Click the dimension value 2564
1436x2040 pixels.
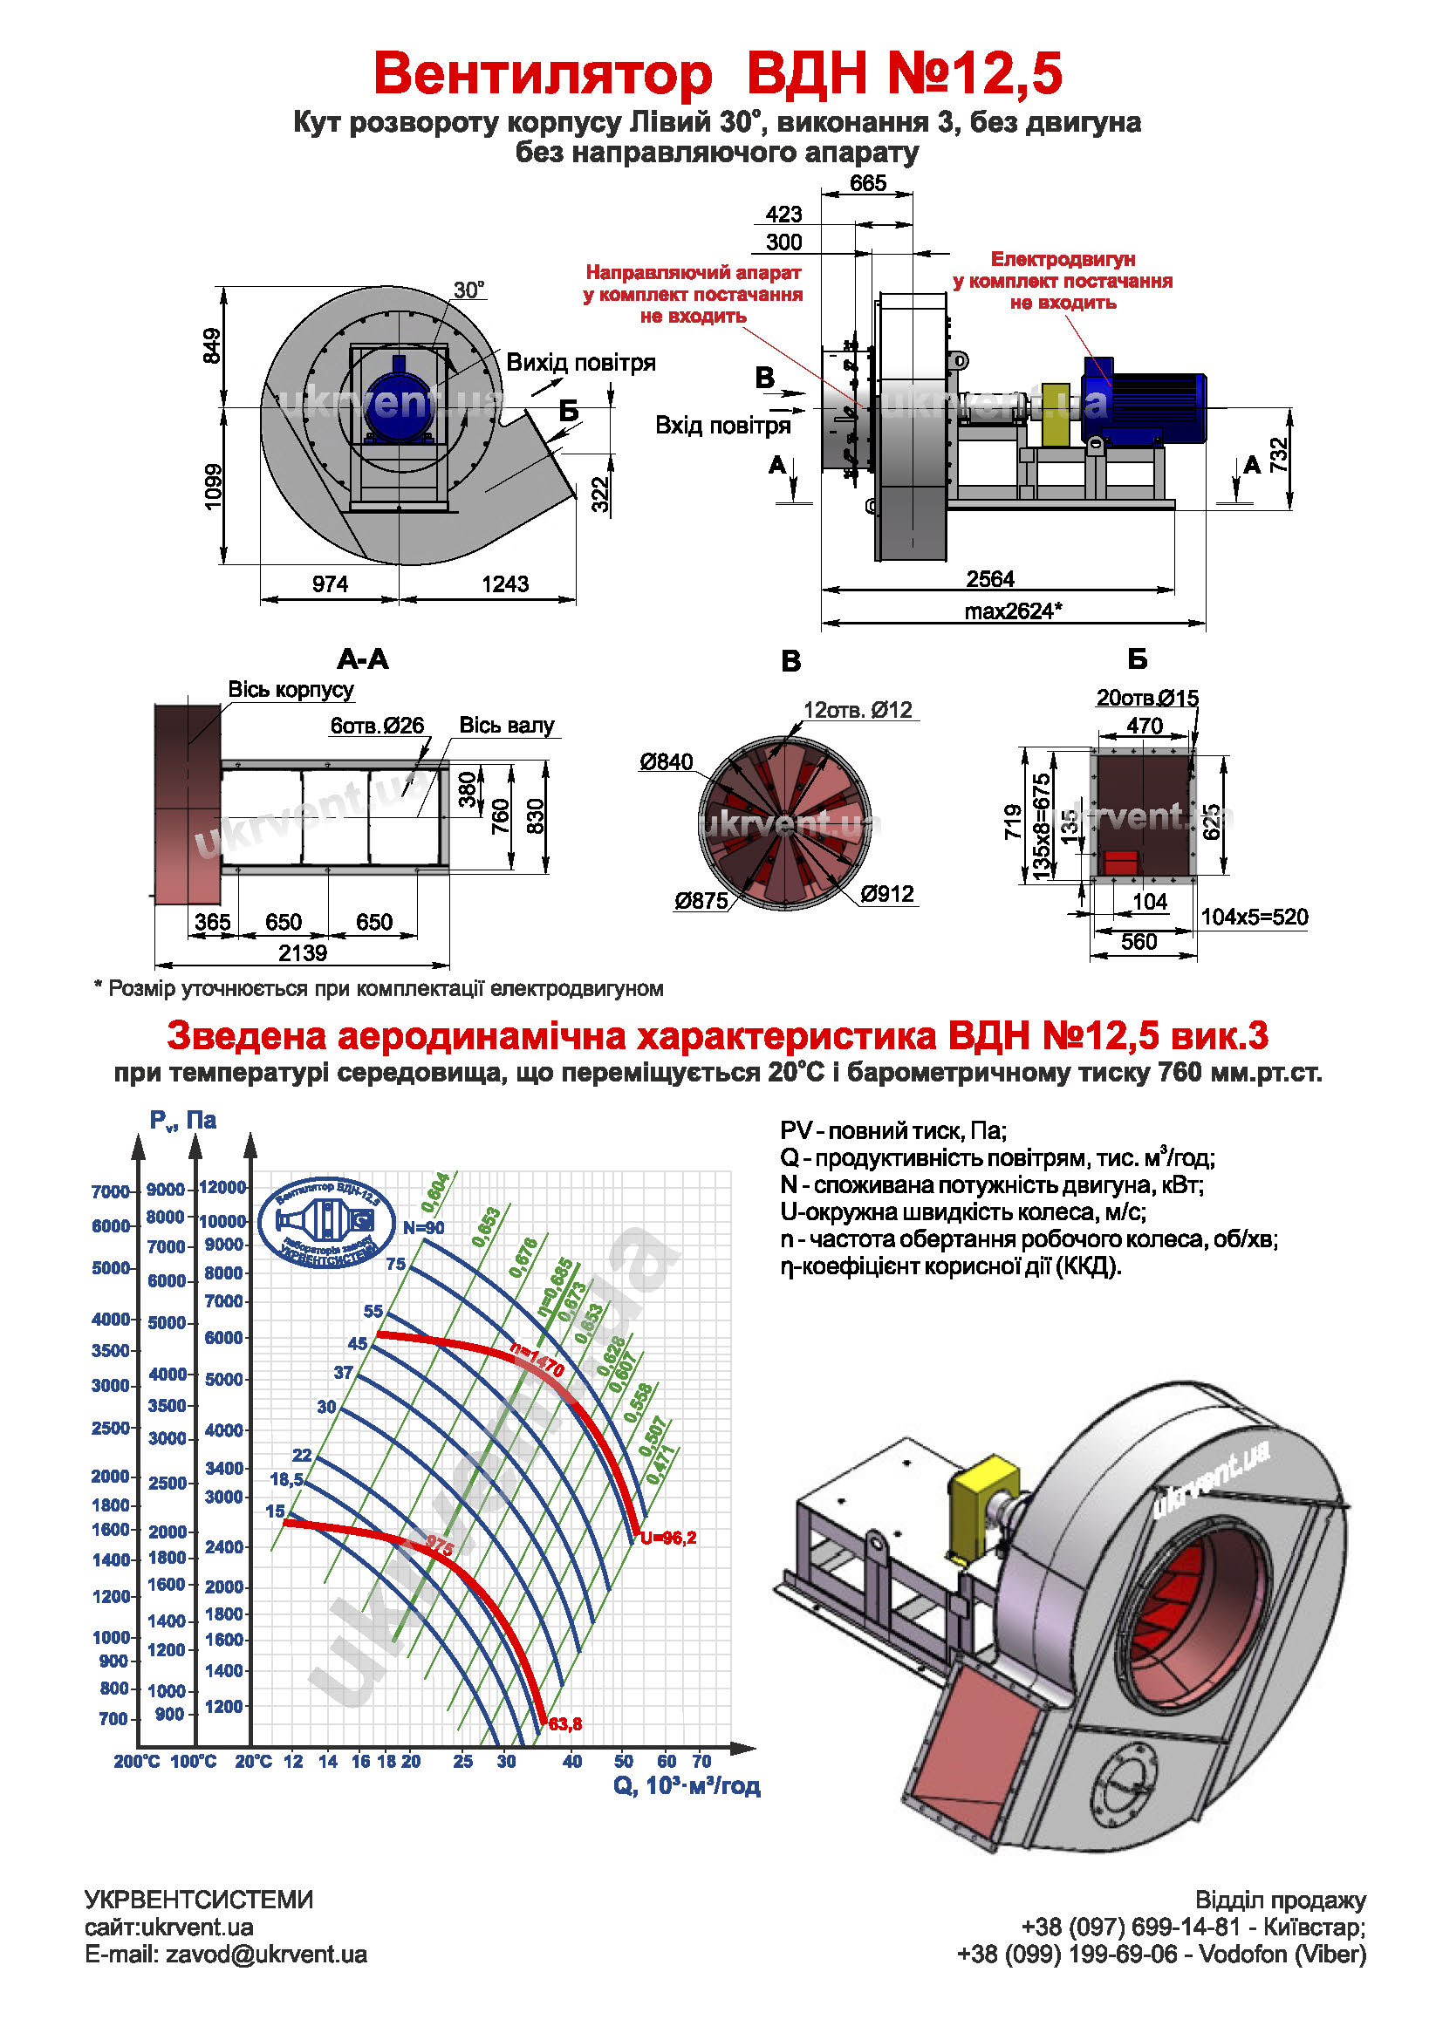tap(989, 579)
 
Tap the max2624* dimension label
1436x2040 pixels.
tap(1012, 611)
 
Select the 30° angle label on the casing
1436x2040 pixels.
tap(468, 290)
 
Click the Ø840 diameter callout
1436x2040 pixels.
tap(666, 761)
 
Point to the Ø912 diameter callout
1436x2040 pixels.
tap(886, 894)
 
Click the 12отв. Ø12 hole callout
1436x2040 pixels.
tap(857, 710)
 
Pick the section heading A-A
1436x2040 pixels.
tap(363, 659)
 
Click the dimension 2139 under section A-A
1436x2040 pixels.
tap(302, 953)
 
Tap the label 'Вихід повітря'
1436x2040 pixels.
tap(580, 363)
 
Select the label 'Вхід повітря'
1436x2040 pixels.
tap(721, 426)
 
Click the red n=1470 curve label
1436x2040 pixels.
tap(537, 1361)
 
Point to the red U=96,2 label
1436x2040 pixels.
tap(668, 1538)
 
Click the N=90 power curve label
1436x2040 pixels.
tap(423, 1228)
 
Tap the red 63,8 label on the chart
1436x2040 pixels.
tap(565, 1723)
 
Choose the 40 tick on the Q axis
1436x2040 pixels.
tap(571, 1761)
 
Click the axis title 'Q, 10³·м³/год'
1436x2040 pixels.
tap(686, 1786)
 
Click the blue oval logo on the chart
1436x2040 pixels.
tap(326, 1222)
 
